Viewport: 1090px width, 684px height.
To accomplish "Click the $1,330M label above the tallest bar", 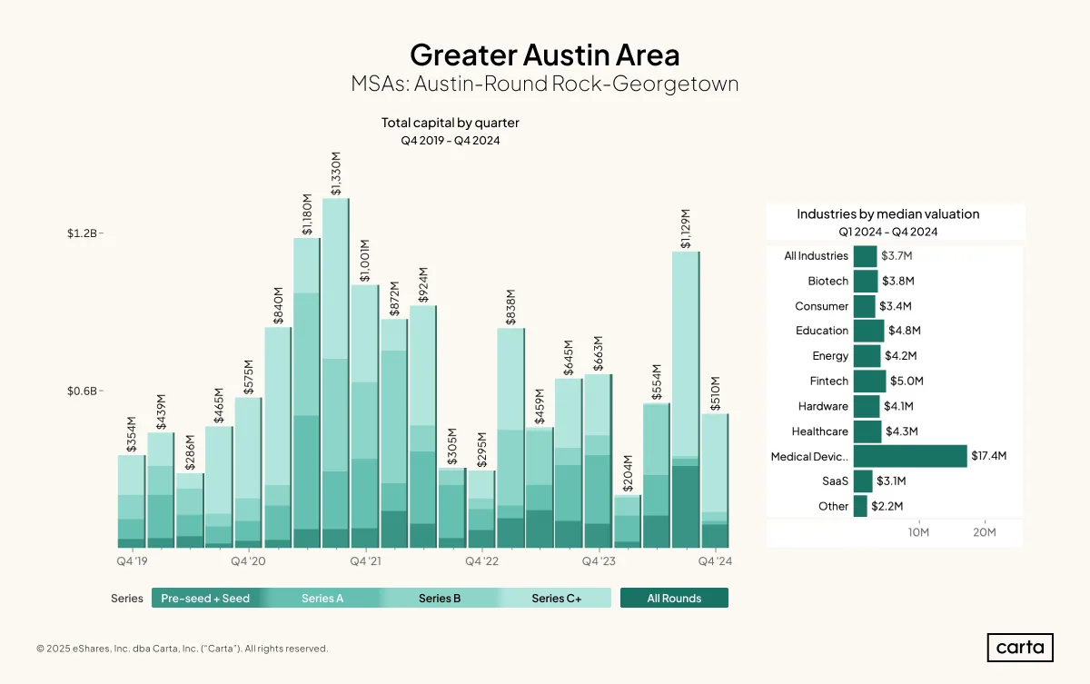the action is tap(336, 173).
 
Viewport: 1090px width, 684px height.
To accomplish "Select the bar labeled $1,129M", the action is tap(686, 400).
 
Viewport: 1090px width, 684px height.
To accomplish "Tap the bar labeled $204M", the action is tap(628, 521).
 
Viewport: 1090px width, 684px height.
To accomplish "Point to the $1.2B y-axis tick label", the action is tap(82, 233).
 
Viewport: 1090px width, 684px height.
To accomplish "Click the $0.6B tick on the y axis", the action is tap(82, 392).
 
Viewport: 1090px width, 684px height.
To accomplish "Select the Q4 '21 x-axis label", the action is tap(365, 561).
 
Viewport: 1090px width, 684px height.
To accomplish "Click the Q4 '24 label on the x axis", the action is tap(715, 561).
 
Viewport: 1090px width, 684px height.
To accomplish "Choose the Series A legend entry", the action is tap(322, 598).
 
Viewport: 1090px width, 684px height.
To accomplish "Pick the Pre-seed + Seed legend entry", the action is tap(205, 598).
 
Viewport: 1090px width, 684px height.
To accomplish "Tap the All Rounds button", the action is tap(674, 598).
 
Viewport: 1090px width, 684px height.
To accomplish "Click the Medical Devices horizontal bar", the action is tap(910, 456).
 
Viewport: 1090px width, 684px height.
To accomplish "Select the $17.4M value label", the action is tap(989, 456).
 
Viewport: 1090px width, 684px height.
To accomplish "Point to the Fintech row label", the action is tap(828, 381).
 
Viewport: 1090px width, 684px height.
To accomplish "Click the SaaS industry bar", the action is tap(863, 481).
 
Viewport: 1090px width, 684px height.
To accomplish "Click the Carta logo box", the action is tap(1020, 648).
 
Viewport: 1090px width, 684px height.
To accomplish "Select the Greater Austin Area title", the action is tap(544, 55).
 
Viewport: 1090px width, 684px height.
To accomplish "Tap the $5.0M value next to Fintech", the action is tap(907, 381).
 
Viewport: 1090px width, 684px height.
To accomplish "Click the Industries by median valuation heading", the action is tap(887, 214).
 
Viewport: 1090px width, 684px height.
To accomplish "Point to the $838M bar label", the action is tap(510, 307).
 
